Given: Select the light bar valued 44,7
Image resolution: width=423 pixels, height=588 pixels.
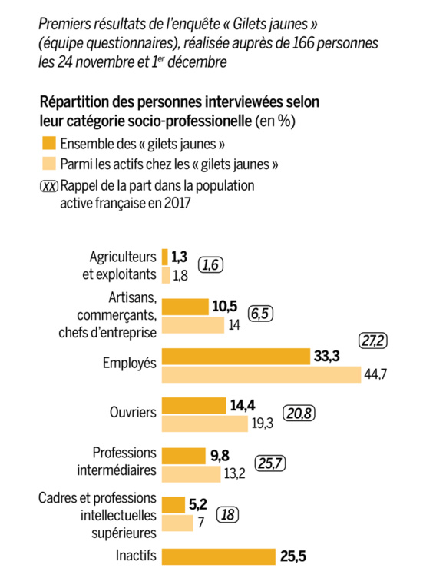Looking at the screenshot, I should pos(261,374).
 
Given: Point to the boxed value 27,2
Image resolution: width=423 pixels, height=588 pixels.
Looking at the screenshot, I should pos(376,339).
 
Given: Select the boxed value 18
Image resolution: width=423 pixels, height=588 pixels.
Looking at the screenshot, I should pos(227,514).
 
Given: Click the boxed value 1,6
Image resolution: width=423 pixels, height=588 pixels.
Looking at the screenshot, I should pos(211,265).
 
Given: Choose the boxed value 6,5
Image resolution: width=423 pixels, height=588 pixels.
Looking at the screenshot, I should pos(262,313).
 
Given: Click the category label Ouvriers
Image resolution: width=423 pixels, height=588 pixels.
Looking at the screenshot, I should pos(133,413).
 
